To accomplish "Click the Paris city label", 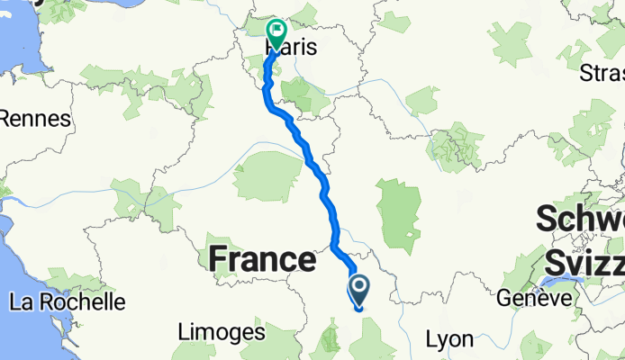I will point(293,48).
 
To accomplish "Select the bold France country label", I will point(262,260).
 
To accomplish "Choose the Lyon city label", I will point(449,339).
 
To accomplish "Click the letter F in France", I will point(219,260).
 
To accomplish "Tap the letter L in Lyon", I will point(430,339).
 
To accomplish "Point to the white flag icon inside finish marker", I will point(275,30).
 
